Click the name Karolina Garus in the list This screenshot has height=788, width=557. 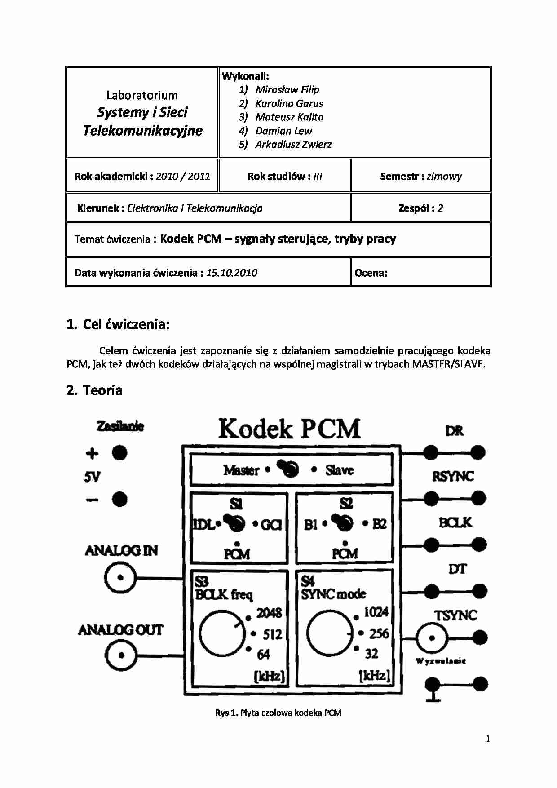click(289, 103)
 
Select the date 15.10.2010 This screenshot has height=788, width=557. click(232, 273)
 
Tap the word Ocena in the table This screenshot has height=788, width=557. click(371, 273)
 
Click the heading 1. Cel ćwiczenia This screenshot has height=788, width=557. click(118, 324)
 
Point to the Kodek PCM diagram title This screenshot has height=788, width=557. click(290, 429)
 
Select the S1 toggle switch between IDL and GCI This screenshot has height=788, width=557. click(236, 522)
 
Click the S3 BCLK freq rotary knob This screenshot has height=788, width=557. click(221, 633)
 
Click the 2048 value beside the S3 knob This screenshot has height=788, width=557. click(269, 613)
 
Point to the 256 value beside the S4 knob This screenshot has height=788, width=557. click(379, 633)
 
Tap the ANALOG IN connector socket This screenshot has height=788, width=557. click(120, 578)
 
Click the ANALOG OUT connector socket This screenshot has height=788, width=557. click(121, 655)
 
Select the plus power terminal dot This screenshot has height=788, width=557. click(119, 453)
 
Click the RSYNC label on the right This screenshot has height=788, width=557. click(453, 476)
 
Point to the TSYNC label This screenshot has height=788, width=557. click(455, 615)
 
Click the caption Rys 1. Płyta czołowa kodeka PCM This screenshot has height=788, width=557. click(278, 713)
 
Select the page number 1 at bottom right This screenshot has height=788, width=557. click(488, 739)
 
